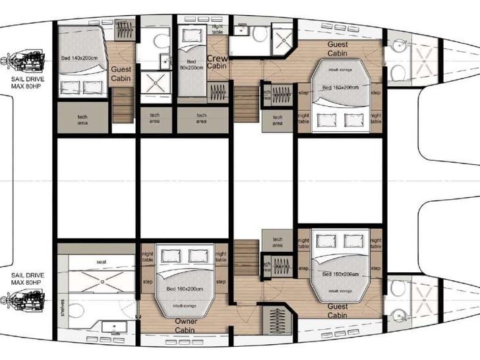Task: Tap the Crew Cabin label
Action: tap(217, 62)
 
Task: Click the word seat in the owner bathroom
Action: tap(102, 262)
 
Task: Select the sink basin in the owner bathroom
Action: tap(109, 326)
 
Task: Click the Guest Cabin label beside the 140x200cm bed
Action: tap(121, 73)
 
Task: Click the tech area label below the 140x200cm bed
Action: tap(82, 120)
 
